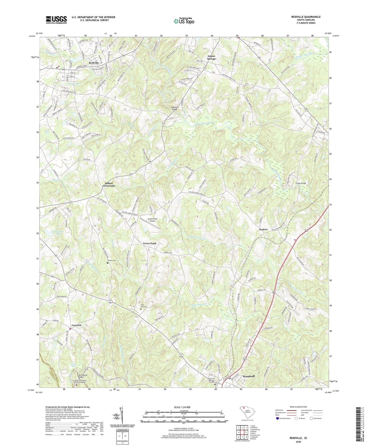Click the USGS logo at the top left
pyautogui.click(x=56, y=19)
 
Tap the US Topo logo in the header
pyautogui.click(x=184, y=21)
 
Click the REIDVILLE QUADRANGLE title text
pyautogui.click(x=306, y=17)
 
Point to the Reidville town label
pyautogui.click(x=94, y=63)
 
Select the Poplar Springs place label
pyautogui.click(x=211, y=57)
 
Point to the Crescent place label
pyautogui.click(x=76, y=325)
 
